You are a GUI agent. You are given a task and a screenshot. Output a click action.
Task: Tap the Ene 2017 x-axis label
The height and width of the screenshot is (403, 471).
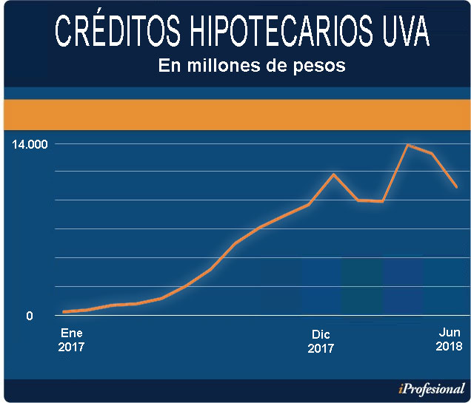(x=72, y=340)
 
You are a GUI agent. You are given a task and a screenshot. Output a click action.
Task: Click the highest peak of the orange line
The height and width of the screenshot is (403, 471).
(x=407, y=145)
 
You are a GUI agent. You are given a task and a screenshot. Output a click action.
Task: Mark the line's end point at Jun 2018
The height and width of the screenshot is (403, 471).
(x=457, y=187)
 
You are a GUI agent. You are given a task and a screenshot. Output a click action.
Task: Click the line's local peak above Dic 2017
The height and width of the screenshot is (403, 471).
(x=333, y=175)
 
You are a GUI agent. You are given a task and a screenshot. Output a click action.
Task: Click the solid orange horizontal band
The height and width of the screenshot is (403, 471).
(x=235, y=114)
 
